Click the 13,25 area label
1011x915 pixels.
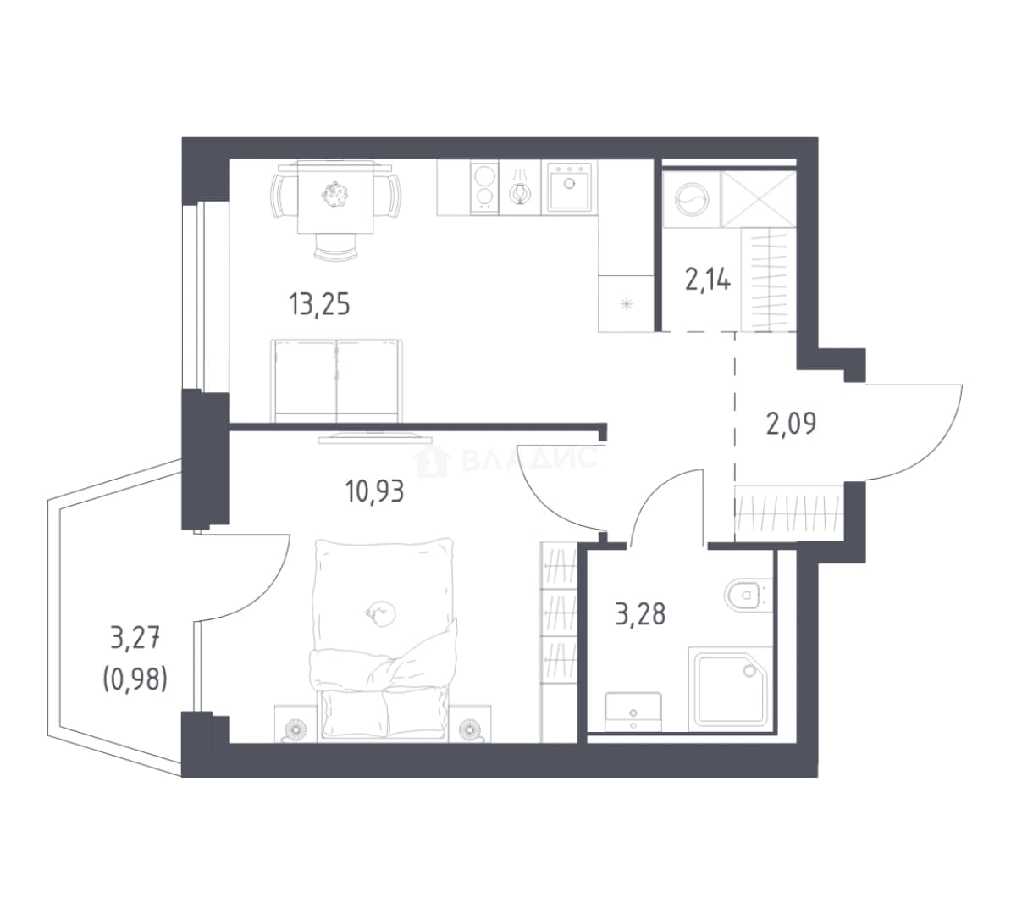point(319,304)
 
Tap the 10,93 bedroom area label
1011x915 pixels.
point(374,491)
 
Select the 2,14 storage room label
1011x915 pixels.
point(707,280)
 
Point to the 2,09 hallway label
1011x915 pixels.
point(791,424)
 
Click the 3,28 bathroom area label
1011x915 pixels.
point(640,613)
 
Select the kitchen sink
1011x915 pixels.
point(569,186)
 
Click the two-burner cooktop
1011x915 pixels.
point(485,186)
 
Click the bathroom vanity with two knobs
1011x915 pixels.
point(633,712)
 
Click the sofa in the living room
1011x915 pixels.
point(336,380)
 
